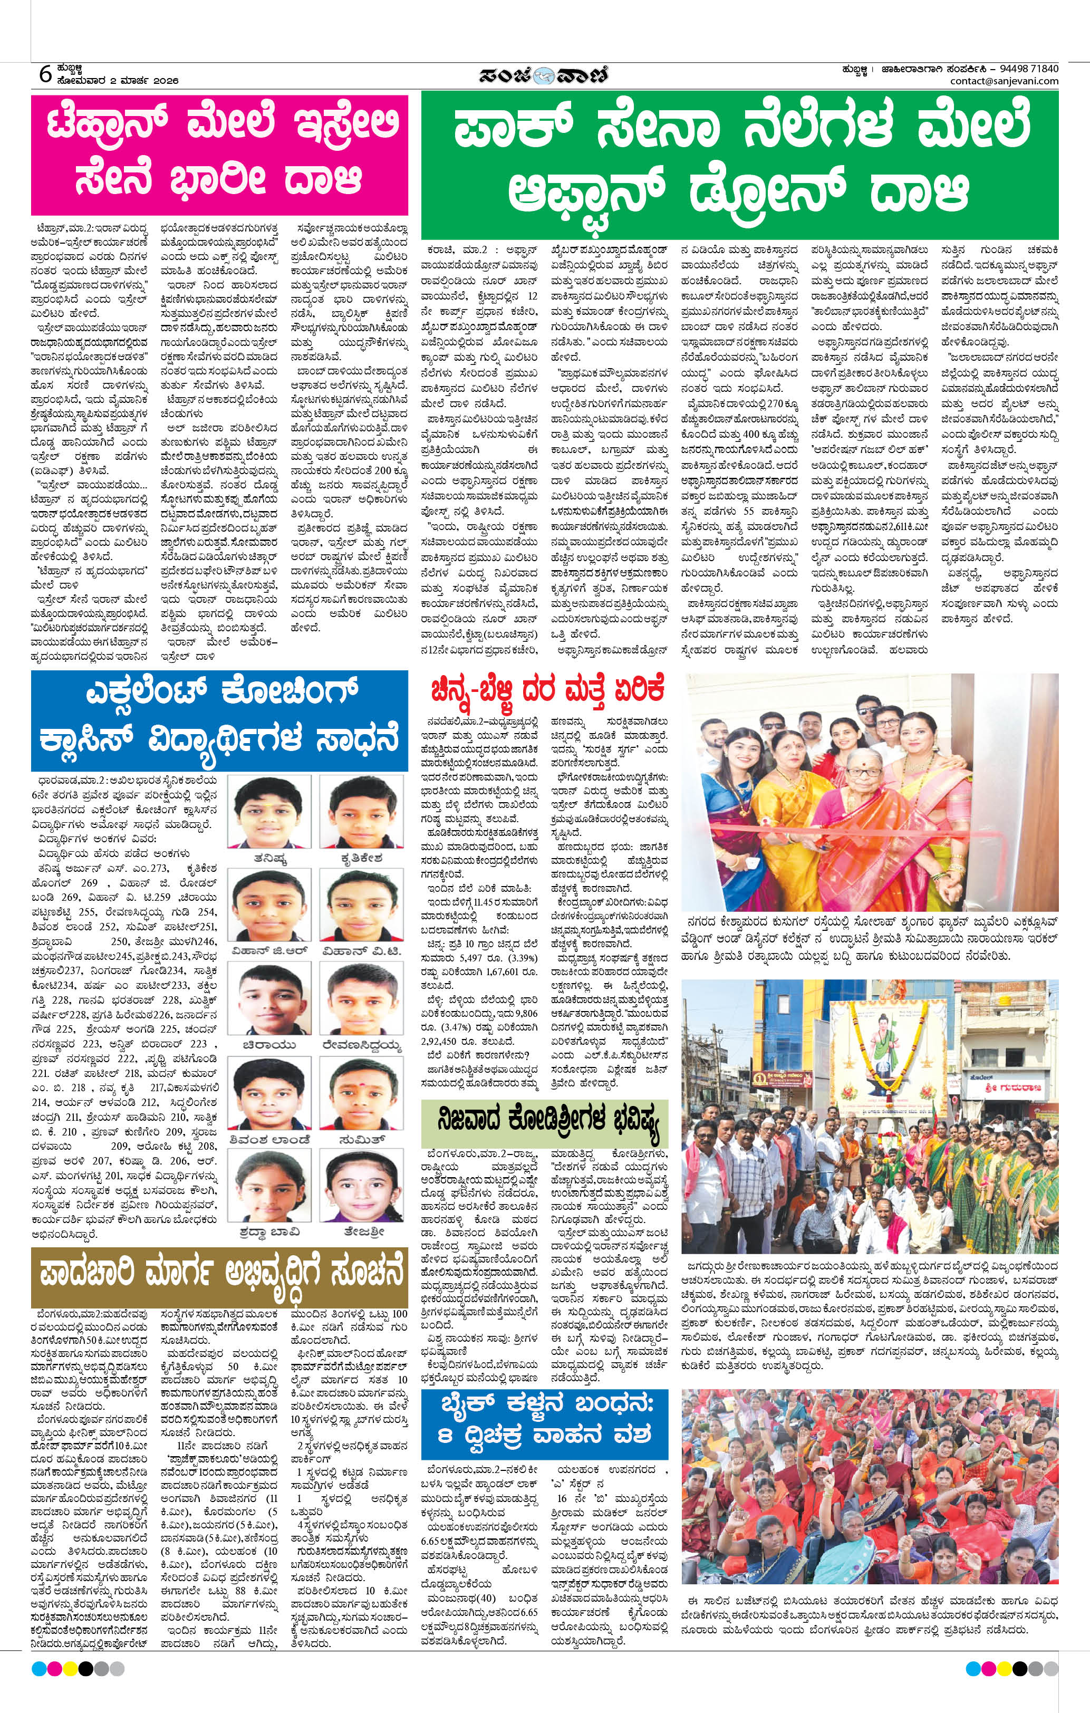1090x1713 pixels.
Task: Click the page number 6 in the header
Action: click(x=45, y=74)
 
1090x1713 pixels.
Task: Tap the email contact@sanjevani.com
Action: click(x=1004, y=81)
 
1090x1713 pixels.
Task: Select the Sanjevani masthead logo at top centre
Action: click(x=543, y=75)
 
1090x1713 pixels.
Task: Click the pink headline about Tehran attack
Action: click(x=220, y=153)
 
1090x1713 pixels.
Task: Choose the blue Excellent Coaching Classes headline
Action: click(x=220, y=719)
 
